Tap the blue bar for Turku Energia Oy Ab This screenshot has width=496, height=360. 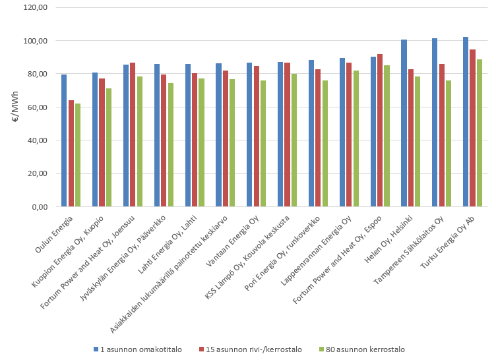(466, 122)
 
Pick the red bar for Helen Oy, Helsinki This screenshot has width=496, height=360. (411, 138)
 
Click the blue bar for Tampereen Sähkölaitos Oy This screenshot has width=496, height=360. (435, 123)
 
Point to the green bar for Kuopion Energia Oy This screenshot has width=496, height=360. (109, 148)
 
